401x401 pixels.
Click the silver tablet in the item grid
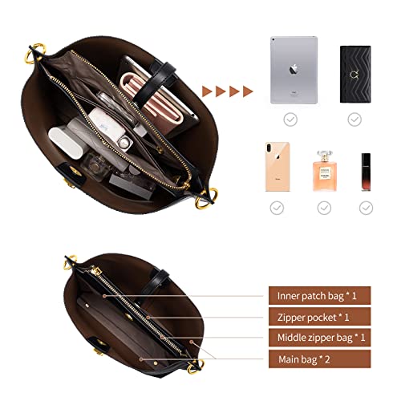(x=293, y=70)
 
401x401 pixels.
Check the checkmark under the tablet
(x=292, y=119)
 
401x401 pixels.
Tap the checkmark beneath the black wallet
(x=354, y=119)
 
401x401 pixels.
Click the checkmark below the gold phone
(x=277, y=207)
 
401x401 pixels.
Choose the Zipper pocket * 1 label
(x=318, y=317)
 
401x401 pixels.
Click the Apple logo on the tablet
(x=293, y=68)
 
